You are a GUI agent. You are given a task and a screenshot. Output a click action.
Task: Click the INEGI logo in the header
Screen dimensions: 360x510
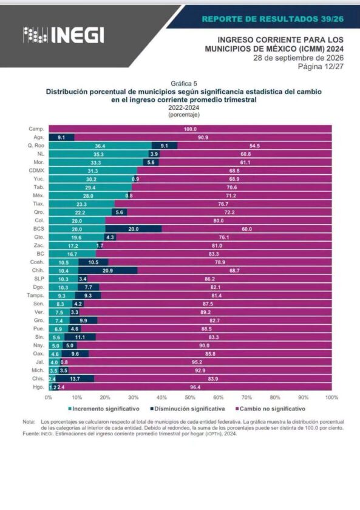63,35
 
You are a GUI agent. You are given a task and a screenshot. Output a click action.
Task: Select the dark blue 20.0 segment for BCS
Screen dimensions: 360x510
134,229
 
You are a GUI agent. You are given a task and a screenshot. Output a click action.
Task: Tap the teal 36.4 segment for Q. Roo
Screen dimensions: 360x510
100,146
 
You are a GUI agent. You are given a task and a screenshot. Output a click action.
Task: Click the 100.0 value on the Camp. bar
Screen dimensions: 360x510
190,129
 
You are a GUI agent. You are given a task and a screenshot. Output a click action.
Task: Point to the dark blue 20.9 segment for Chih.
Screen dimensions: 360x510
107,271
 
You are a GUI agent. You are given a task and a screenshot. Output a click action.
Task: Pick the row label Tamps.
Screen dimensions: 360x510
35,295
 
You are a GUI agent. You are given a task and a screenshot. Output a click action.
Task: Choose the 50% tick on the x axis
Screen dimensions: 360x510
190,397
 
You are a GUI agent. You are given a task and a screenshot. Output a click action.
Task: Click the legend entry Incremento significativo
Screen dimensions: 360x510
104,409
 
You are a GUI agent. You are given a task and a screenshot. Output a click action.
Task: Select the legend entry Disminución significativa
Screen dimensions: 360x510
188,409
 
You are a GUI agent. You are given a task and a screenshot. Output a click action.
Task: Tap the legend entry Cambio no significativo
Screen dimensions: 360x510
271,409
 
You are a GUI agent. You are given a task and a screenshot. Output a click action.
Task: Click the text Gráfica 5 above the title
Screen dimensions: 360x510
184,84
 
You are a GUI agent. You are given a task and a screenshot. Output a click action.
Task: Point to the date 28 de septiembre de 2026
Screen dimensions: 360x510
299,58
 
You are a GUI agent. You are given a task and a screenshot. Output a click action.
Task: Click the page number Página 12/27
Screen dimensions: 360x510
321,66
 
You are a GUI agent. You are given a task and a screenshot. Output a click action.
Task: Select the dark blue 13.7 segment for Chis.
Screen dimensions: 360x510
75,379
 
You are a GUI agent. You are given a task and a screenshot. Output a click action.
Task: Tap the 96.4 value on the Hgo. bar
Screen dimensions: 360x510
195,387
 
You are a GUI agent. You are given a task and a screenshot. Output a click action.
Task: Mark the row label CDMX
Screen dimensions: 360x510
36,171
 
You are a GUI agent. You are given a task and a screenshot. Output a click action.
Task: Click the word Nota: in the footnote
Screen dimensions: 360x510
29,422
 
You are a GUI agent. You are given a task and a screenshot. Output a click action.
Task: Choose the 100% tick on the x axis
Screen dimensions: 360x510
331,397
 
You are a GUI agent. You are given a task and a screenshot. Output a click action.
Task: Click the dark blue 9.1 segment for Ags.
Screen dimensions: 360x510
61,137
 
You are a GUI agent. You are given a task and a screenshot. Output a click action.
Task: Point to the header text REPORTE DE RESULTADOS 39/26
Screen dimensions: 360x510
273,19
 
